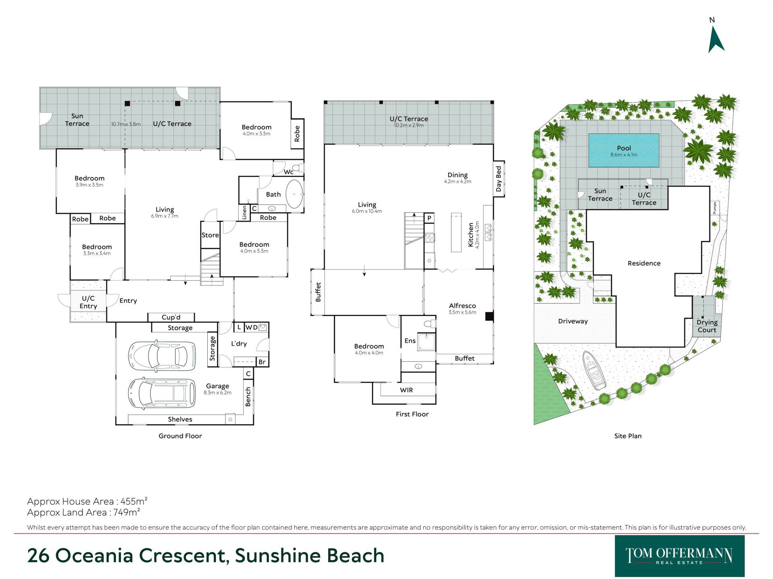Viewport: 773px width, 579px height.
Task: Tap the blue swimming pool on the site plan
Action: point(624,150)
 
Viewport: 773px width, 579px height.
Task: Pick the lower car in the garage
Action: point(162,393)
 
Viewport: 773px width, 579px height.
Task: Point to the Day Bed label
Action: point(499,179)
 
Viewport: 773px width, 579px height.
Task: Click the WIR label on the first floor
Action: point(406,390)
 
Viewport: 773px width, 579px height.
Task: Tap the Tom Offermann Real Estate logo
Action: point(680,556)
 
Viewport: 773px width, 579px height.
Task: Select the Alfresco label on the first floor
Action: point(462,306)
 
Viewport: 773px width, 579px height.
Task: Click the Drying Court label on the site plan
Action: point(707,326)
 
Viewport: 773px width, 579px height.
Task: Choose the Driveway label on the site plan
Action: point(573,321)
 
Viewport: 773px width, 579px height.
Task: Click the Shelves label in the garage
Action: point(180,419)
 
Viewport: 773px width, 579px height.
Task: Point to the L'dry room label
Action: point(239,344)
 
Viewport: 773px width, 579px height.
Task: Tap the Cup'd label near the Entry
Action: point(171,317)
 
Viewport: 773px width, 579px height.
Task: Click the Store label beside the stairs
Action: point(210,235)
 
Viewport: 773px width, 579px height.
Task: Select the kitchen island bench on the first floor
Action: point(456,232)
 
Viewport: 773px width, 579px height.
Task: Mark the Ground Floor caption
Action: point(180,436)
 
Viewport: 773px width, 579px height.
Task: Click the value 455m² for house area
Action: point(133,501)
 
